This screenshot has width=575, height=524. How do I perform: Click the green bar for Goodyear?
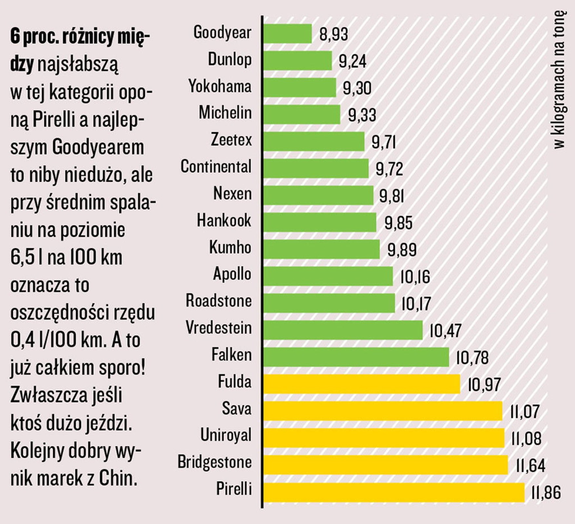(x=287, y=33)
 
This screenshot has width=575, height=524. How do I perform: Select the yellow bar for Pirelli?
(x=394, y=492)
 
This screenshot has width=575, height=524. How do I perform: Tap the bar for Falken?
(x=356, y=357)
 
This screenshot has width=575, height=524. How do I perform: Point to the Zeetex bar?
(x=314, y=141)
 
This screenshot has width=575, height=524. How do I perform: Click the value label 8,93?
(x=333, y=34)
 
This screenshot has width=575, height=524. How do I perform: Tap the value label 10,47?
(x=445, y=331)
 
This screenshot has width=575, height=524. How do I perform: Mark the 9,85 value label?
(x=398, y=223)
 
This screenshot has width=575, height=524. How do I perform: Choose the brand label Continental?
(x=216, y=167)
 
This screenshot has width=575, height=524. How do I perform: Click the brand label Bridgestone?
(x=215, y=462)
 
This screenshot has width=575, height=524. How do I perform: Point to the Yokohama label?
(x=220, y=86)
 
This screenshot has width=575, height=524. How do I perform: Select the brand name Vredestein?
(x=219, y=328)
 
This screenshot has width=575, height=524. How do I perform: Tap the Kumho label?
(x=230, y=247)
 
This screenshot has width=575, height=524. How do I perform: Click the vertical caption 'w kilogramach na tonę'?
(x=559, y=80)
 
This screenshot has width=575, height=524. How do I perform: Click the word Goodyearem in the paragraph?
(x=98, y=147)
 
